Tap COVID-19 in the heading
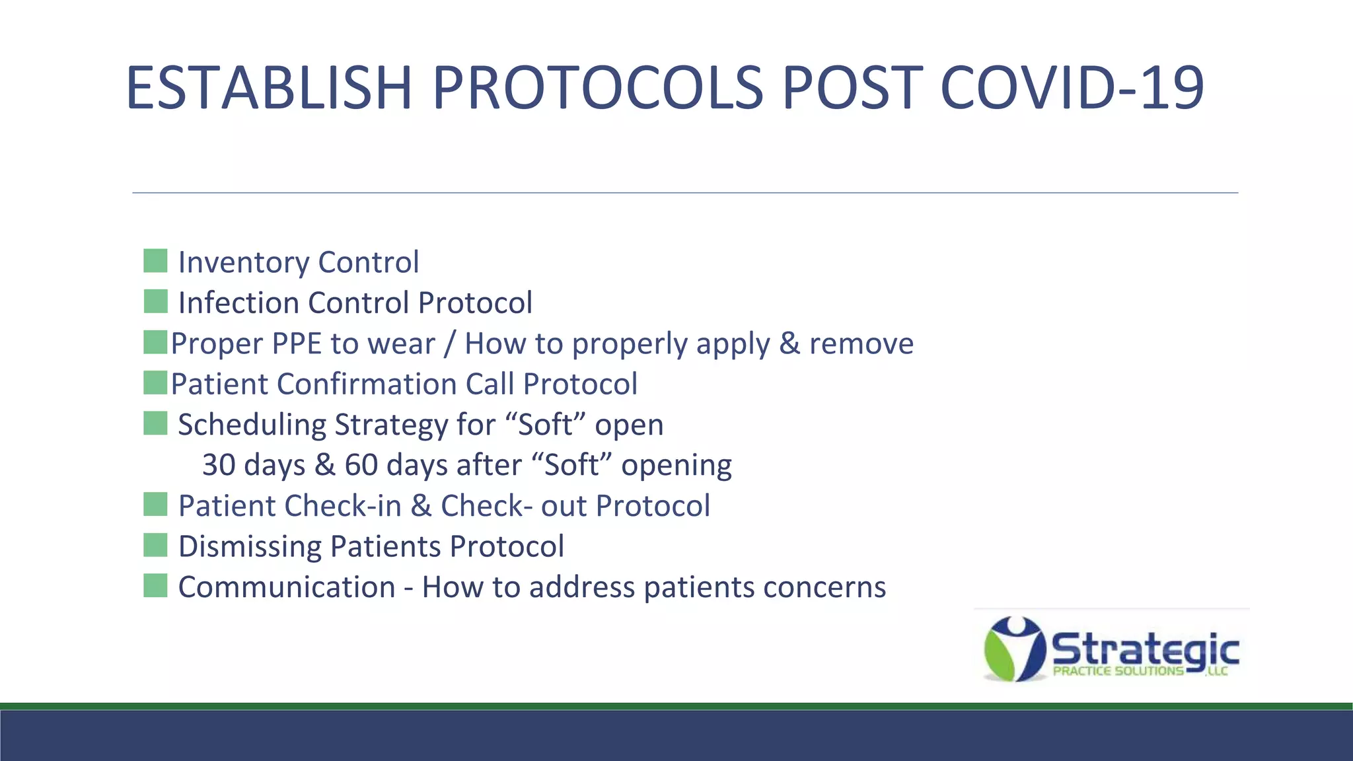pos(1072,88)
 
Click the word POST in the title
pos(852,88)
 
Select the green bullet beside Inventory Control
pos(155,261)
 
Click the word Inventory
pos(243,262)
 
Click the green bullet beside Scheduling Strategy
pos(155,423)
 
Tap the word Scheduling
pos(252,425)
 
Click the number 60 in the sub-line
pos(361,465)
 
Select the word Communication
pos(286,587)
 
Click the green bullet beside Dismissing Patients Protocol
pos(155,546)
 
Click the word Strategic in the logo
pos(1144,650)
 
